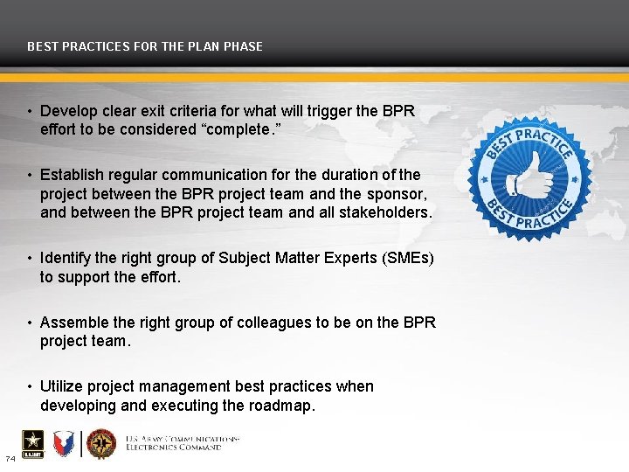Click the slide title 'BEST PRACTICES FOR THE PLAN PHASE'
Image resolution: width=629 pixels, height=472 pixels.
point(145,46)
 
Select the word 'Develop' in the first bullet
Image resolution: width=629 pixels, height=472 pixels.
point(66,111)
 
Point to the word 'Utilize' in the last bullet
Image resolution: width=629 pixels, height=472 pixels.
point(63,386)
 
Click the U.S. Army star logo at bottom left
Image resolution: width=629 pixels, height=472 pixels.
point(27,445)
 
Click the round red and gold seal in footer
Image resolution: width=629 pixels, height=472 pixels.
point(101,444)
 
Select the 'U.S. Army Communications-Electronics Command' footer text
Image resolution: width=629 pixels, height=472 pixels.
point(183,442)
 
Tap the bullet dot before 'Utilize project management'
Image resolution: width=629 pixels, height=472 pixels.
point(30,386)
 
